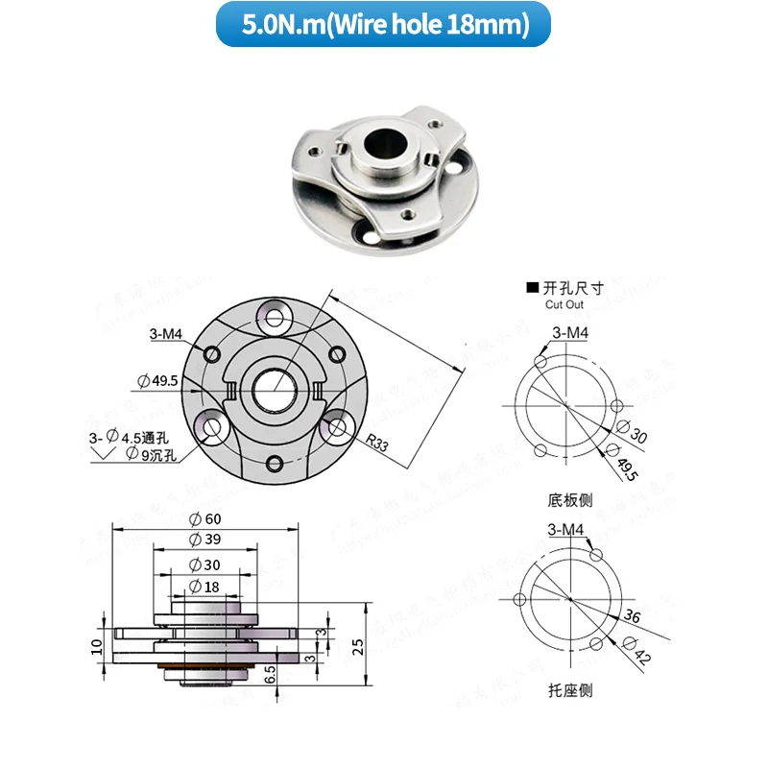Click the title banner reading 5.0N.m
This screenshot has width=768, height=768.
[384, 25]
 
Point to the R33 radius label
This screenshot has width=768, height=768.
[378, 444]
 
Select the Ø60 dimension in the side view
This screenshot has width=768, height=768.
[205, 519]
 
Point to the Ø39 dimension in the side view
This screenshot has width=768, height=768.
[205, 540]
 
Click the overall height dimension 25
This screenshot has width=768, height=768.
[358, 644]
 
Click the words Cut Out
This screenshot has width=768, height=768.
[564, 304]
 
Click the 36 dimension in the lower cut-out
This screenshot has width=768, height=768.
[633, 616]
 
